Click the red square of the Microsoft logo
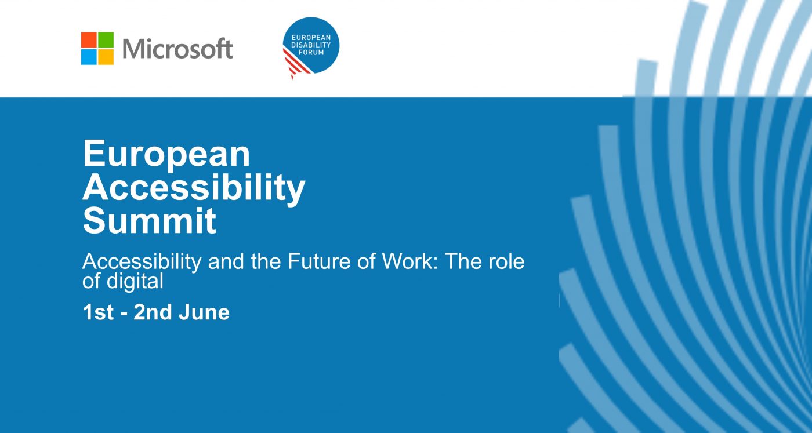tap(89, 40)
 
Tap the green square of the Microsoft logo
tap(106, 40)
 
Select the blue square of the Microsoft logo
tap(89, 57)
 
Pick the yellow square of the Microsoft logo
tap(106, 57)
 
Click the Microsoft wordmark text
tap(177, 49)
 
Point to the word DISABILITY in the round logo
tap(311, 45)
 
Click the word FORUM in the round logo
tap(311, 52)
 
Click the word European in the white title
tap(166, 154)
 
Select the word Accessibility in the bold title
tap(194, 188)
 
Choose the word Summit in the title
tap(150, 221)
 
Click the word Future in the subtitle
tap(319, 261)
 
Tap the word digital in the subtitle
tap(135, 281)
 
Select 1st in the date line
tap(98, 312)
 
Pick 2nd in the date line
tap(153, 312)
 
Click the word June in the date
tap(204, 312)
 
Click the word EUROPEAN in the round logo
tap(311, 38)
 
